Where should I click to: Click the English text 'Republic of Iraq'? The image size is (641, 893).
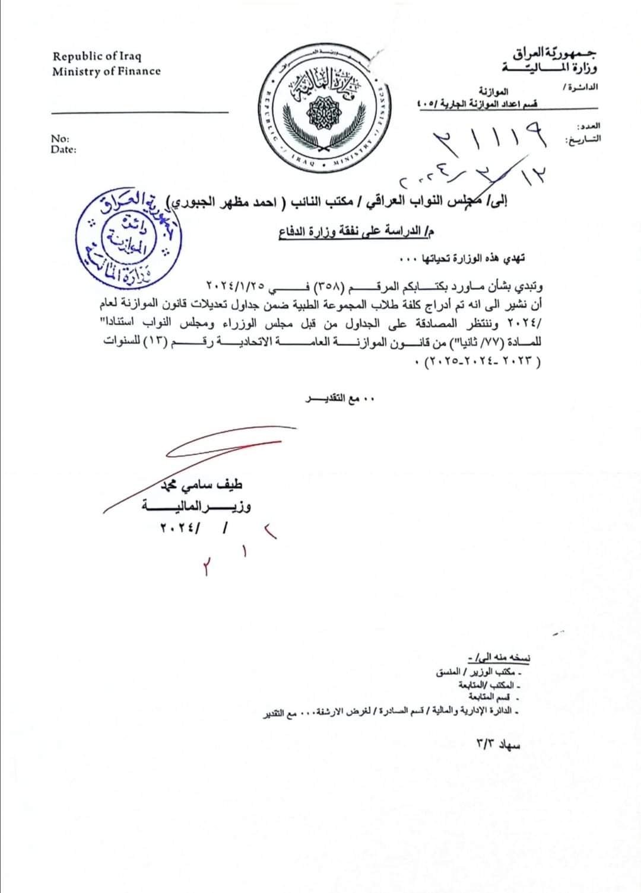pos(97,57)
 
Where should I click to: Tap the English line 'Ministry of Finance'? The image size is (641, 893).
pos(106,71)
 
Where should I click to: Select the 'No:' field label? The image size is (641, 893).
pos(59,139)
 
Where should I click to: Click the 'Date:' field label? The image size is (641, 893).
pos(64,149)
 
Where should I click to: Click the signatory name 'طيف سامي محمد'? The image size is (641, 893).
pos(202,487)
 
